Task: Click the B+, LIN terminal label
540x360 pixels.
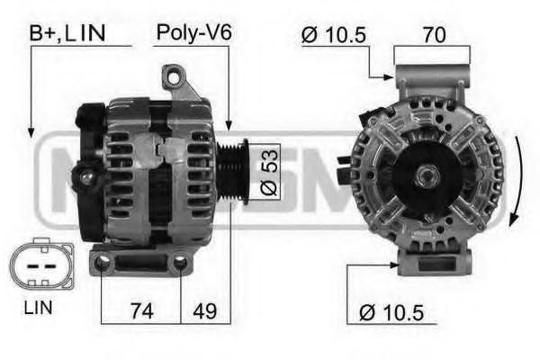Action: pyautogui.click(x=67, y=33)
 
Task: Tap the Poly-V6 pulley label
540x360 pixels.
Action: pyautogui.click(x=193, y=33)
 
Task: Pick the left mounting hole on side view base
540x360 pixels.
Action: pyautogui.click(x=102, y=262)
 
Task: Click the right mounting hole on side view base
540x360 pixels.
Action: pyautogui.click(x=180, y=262)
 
